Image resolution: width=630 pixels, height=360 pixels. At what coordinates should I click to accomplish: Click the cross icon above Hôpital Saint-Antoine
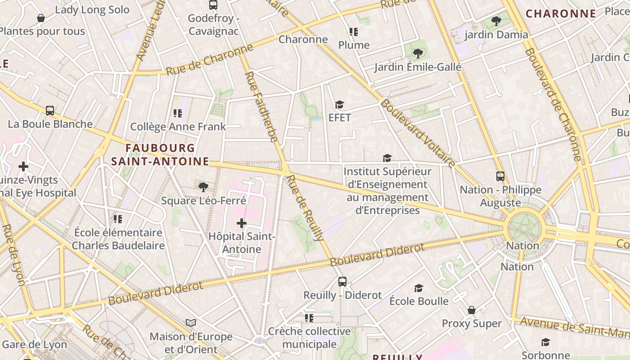coord(242,223)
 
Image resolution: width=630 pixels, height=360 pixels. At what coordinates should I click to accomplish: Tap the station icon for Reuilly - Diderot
coord(342,282)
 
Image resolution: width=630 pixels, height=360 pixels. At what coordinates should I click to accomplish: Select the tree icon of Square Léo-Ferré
coord(203,187)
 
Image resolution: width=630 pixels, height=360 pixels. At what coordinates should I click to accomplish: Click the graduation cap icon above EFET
coord(339,104)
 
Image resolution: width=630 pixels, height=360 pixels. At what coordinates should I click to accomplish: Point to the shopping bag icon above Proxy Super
coord(472,310)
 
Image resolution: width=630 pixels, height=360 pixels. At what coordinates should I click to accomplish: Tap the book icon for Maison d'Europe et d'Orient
coord(191,323)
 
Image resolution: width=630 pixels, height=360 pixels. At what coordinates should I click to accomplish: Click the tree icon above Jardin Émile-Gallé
coord(418,54)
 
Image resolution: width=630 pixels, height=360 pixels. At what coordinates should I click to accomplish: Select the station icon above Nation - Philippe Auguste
coord(500,176)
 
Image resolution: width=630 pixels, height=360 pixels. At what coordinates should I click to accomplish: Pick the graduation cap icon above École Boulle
coord(419,288)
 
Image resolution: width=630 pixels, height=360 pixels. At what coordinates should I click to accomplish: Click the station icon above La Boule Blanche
coord(50,110)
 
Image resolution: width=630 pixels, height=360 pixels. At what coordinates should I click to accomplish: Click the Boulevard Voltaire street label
coord(418,133)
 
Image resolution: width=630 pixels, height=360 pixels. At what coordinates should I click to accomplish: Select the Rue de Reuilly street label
coord(305,208)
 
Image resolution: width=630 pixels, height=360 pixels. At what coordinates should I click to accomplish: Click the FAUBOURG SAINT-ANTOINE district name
coord(160,154)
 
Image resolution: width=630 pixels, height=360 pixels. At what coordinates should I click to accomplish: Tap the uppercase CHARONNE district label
coord(561,13)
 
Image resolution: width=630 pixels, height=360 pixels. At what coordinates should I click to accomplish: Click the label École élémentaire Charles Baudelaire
coord(118,239)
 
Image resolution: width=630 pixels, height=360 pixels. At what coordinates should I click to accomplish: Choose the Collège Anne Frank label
coord(178,127)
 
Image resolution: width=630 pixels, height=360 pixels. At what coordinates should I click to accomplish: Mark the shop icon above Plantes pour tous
coord(41,18)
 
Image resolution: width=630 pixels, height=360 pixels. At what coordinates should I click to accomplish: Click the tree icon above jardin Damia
coord(496,21)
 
